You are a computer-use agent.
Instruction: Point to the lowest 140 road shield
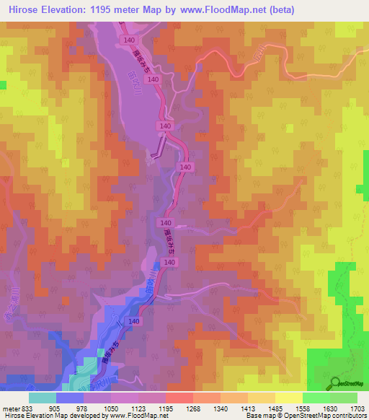click(134, 320)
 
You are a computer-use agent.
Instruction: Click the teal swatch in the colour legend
click(43, 397)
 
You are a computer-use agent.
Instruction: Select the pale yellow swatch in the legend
click(288, 397)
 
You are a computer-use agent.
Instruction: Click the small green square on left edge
click(3, 85)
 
